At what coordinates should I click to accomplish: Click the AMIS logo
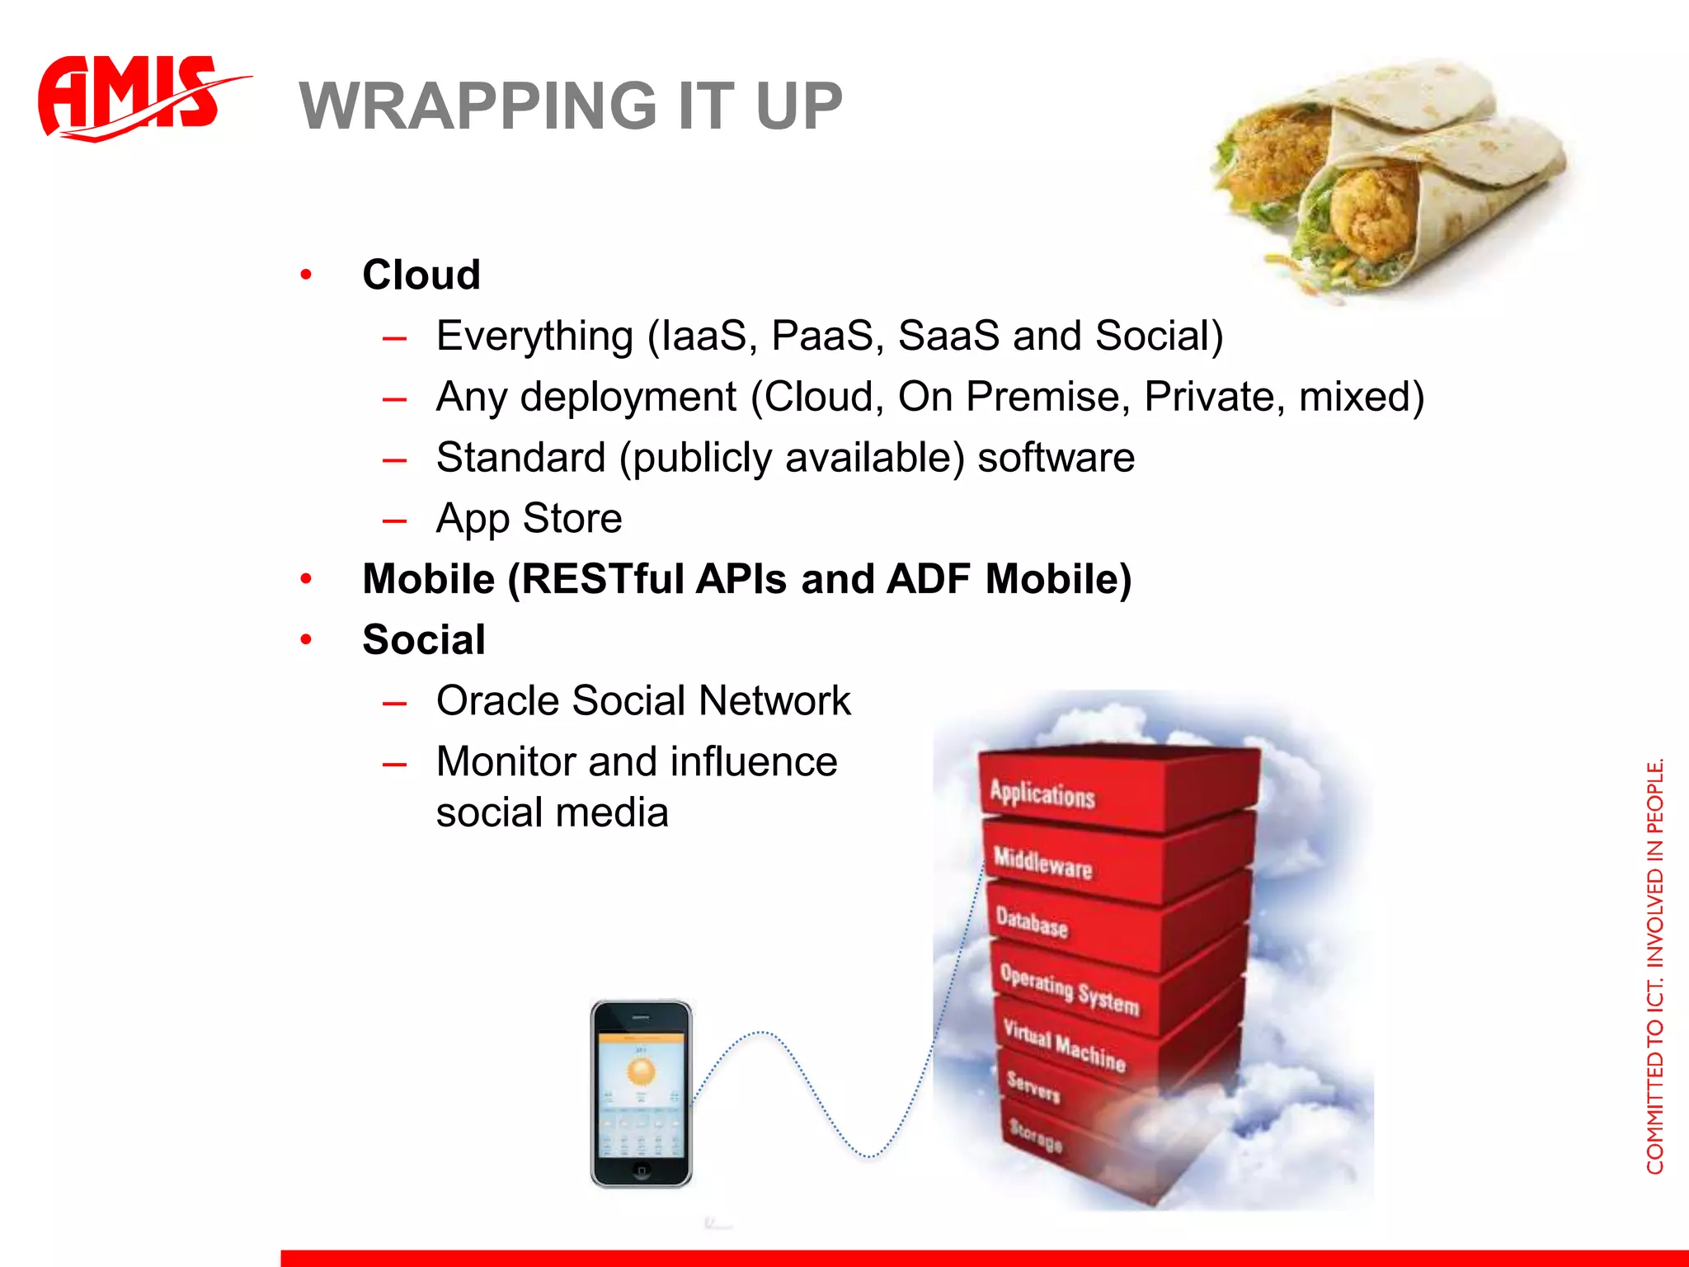pyautogui.click(x=132, y=97)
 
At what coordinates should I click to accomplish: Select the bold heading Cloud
pyautogui.click(x=421, y=275)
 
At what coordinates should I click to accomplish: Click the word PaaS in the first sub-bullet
pyautogui.click(x=821, y=336)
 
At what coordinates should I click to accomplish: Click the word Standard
pyautogui.click(x=520, y=458)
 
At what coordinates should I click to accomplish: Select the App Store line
pyautogui.click(x=529, y=519)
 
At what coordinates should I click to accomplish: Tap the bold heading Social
pyautogui.click(x=424, y=640)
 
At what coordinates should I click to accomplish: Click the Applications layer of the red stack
pyautogui.click(x=1042, y=794)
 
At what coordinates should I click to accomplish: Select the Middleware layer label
pyautogui.click(x=1042, y=862)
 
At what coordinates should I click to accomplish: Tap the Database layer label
pyautogui.click(x=1032, y=922)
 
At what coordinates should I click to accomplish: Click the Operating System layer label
pyautogui.click(x=1070, y=988)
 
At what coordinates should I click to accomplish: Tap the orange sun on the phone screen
pyautogui.click(x=641, y=1072)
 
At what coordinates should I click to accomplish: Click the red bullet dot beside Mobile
pyautogui.click(x=306, y=579)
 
